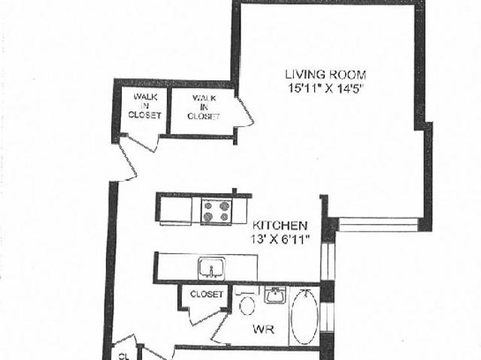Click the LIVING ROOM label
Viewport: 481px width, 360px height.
(325, 74)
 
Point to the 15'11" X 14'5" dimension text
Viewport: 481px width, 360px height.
(325, 87)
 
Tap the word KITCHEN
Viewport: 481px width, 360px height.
(279, 225)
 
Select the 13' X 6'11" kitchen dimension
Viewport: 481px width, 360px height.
(280, 238)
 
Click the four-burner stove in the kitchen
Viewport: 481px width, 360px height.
(216, 210)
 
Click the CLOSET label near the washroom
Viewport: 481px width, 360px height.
(207, 294)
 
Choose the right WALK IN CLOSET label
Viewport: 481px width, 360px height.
(204, 107)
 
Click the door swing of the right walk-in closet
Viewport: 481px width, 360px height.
(244, 113)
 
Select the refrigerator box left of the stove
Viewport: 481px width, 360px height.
(178, 210)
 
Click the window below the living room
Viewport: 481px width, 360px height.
(377, 224)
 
